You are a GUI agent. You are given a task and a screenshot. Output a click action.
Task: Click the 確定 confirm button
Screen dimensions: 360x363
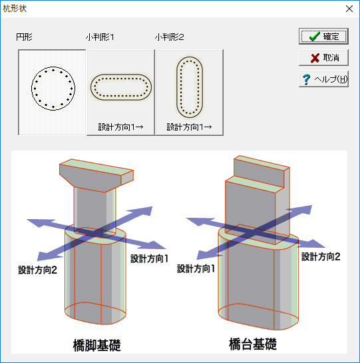(323, 37)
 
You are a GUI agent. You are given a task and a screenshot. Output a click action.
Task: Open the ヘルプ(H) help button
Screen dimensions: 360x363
(323, 79)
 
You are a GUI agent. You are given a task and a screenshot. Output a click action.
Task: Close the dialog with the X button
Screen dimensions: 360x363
(349, 9)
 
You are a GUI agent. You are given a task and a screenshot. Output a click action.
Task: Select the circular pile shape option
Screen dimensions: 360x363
(52, 93)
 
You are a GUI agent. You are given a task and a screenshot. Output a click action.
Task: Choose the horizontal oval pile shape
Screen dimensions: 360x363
(120, 93)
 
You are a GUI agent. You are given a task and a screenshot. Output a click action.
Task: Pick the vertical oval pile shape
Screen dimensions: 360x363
(189, 93)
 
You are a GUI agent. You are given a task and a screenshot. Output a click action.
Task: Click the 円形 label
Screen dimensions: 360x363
(24, 37)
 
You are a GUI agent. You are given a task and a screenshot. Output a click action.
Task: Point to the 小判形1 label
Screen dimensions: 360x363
(100, 37)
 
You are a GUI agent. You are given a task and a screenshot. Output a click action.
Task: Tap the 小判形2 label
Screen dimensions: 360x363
(170, 37)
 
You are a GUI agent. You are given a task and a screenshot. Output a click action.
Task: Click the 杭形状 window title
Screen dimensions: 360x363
(15, 9)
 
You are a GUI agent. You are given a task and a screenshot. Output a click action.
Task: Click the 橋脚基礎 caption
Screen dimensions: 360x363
(96, 345)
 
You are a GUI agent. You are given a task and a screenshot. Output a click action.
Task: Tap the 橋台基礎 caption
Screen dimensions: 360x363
(253, 344)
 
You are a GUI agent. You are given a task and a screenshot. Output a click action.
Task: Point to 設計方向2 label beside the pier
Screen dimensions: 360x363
(37, 270)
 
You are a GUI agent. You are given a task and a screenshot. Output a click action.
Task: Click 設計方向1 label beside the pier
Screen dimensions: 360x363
(150, 258)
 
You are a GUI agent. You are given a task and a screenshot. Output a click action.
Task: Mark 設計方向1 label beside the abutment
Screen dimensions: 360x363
(196, 268)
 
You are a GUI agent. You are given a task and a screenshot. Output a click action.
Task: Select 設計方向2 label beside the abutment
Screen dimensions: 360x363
(321, 256)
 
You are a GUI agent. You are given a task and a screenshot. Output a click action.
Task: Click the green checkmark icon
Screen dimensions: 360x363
(315, 37)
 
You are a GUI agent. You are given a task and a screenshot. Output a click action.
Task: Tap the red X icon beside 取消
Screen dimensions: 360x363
(315, 58)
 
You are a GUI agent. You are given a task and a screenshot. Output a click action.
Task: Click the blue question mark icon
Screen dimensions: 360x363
(306, 79)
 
